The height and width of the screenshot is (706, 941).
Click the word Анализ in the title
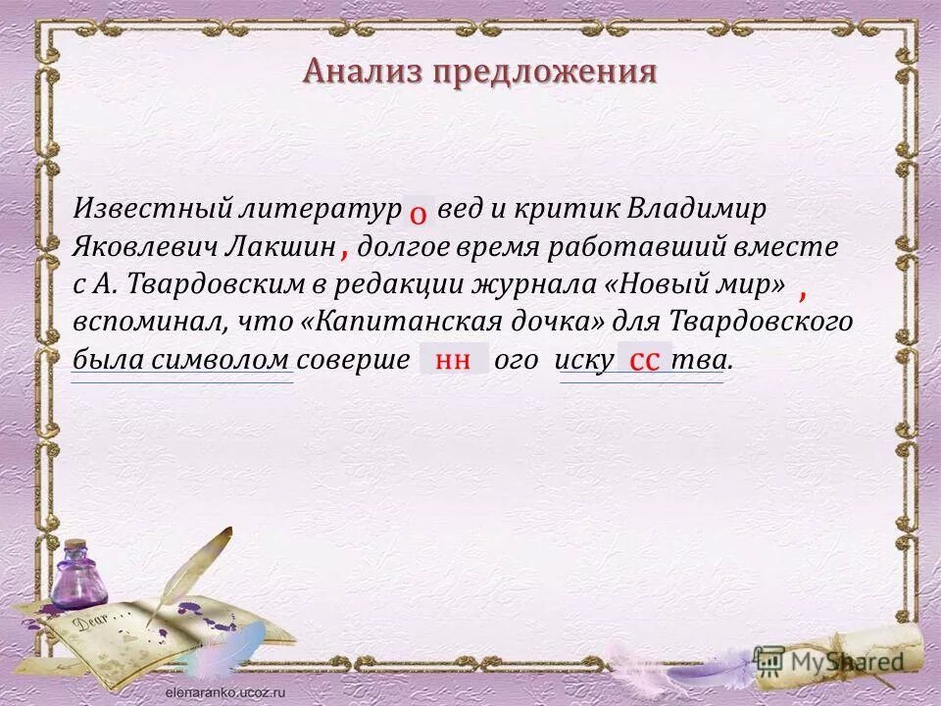358,72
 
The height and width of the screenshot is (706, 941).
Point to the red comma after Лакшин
345,252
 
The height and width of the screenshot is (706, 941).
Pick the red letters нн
453,360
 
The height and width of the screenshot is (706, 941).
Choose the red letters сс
643,360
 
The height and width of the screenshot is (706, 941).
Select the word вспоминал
143,322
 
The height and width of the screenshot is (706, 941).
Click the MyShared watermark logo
828,661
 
